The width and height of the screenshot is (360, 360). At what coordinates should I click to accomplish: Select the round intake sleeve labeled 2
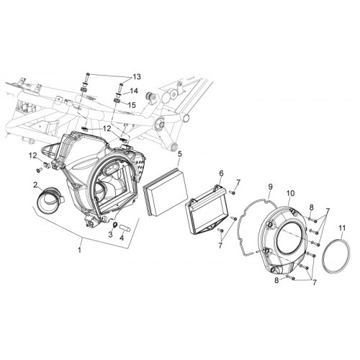pos(50,200)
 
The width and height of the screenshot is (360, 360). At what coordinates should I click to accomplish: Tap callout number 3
pos(110,235)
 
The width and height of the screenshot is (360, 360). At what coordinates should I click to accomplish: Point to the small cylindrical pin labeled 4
pos(125,228)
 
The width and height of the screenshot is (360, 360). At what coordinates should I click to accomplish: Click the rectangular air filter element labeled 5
pos(166,192)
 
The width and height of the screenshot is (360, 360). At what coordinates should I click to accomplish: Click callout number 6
pos(221,173)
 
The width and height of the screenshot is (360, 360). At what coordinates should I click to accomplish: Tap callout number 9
pos(271,186)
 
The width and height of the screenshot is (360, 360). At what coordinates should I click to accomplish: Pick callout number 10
pos(290,193)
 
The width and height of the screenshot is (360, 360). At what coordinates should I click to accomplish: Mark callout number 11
pos(342,228)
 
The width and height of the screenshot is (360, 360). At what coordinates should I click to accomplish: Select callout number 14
pos(134,91)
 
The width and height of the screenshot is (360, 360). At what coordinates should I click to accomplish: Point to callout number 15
pos(132,105)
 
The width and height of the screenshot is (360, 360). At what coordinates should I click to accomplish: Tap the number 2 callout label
pos(36,184)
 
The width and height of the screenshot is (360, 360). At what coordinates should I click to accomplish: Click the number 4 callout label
pos(122,238)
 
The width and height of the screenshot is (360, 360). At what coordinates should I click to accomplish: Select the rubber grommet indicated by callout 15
pos(117,100)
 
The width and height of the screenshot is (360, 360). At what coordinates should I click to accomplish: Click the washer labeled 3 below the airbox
pos(115,225)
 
